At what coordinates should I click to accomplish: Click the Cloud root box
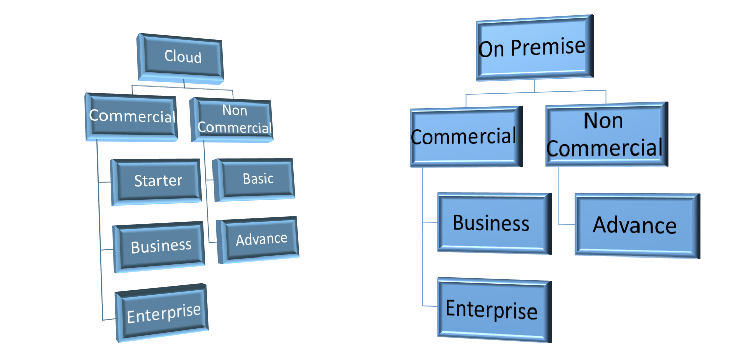coord(182,57)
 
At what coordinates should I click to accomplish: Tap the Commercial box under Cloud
coord(132,117)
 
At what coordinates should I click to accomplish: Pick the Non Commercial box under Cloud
coord(234,120)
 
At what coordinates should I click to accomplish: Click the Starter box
coord(157,181)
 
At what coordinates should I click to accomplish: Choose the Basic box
coord(255,179)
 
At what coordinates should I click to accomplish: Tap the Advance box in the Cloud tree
coord(259,239)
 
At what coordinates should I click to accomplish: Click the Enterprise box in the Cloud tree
coord(163,314)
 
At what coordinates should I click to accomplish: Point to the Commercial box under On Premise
coord(465,137)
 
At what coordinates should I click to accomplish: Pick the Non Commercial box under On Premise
coord(605,134)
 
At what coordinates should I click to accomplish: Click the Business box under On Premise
coord(492,223)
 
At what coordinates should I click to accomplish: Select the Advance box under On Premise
coord(635,225)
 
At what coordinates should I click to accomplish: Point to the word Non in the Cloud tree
coord(234,110)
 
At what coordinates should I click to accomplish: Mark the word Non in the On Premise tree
coord(604,121)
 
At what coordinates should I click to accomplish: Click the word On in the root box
coord(492,49)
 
